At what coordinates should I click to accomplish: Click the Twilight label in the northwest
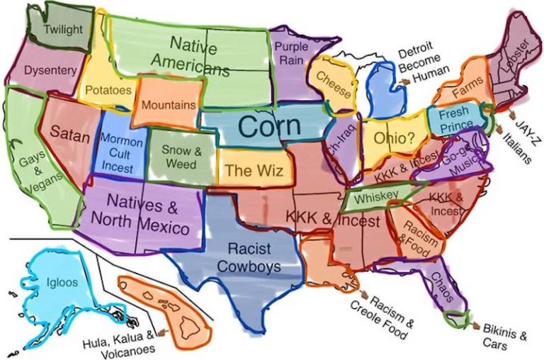[63, 30]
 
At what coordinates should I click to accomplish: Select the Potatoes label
[108, 91]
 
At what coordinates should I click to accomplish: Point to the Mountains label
[168, 105]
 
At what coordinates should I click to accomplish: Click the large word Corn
[269, 127]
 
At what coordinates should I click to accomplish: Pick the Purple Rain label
[291, 52]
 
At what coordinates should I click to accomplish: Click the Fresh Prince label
[454, 119]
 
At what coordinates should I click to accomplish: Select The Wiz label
[248, 170]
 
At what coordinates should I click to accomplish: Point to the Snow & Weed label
[176, 157]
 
